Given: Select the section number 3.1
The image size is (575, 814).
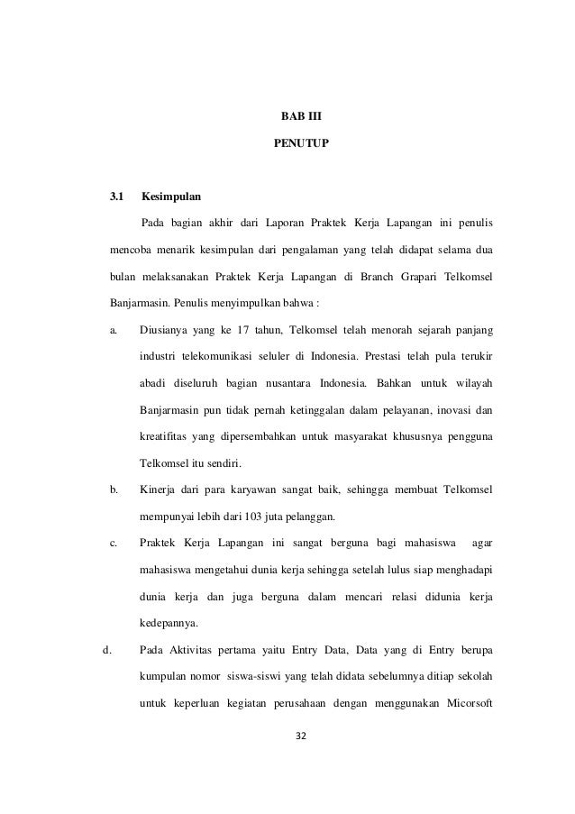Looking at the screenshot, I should tap(117, 196).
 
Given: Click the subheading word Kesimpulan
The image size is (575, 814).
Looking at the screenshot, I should tap(171, 196).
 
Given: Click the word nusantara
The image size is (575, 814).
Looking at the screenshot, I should tap(303, 383).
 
